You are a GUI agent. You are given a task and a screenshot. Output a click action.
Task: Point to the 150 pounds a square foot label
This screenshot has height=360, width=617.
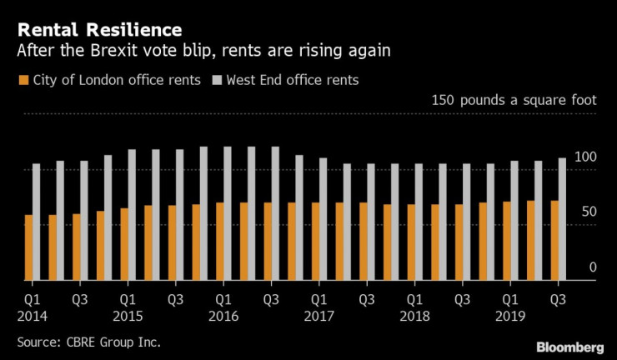(514, 101)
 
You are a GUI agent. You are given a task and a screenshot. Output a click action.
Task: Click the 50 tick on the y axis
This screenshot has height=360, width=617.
(589, 212)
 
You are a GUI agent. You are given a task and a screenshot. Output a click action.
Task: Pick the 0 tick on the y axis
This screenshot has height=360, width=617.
(593, 267)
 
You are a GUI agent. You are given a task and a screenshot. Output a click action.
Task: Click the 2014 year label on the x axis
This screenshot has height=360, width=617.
(33, 317)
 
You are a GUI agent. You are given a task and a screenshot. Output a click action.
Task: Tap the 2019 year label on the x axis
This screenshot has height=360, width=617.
(511, 317)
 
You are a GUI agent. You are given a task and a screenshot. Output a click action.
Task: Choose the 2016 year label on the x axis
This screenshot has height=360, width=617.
(224, 317)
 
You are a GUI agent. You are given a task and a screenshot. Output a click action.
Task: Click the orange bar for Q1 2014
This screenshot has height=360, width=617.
(28, 247)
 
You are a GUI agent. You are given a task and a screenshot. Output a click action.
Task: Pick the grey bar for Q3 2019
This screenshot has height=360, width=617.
(562, 219)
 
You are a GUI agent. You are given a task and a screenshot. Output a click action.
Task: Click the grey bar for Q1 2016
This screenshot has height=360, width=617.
(228, 213)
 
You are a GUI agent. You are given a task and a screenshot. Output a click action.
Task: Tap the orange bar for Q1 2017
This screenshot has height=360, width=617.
(315, 241)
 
